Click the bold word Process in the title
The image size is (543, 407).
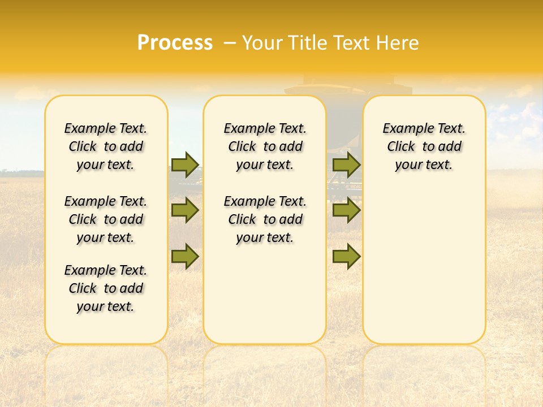pyautogui.click(x=175, y=42)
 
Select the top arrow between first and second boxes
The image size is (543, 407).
pyautogui.click(x=185, y=164)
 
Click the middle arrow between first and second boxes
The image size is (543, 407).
pyautogui.click(x=185, y=210)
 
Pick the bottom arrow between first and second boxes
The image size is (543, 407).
pyautogui.click(x=185, y=256)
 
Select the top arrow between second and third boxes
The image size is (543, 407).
pyautogui.click(x=346, y=164)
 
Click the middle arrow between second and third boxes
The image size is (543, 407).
pyautogui.click(x=346, y=210)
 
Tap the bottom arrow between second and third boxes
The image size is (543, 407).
pyautogui.click(x=346, y=256)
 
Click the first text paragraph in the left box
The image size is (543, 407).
pyautogui.click(x=106, y=146)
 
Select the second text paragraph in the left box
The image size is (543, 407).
pyautogui.click(x=106, y=219)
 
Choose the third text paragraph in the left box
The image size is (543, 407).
pyautogui.click(x=106, y=288)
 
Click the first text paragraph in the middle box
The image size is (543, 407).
pyautogui.click(x=265, y=146)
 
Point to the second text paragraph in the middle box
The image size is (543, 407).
pyautogui.click(x=265, y=219)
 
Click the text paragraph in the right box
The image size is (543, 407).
pyautogui.click(x=424, y=146)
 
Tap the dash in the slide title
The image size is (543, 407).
pyautogui.click(x=230, y=42)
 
